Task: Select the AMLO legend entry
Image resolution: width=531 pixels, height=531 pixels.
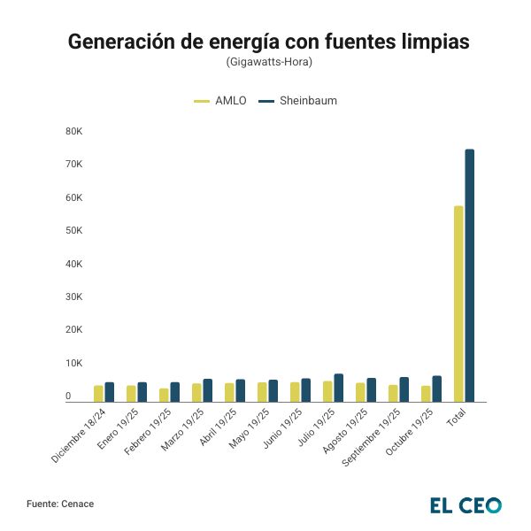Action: click(x=220, y=101)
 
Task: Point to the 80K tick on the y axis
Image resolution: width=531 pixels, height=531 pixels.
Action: click(x=73, y=132)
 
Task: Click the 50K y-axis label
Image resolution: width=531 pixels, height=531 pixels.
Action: click(x=73, y=231)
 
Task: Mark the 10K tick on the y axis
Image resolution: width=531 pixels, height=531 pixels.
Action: click(x=73, y=363)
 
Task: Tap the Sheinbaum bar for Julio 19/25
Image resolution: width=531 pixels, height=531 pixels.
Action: click(x=339, y=388)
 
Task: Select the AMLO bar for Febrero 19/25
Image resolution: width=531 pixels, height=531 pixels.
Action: click(x=164, y=395)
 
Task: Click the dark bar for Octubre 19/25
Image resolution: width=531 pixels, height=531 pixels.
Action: click(x=437, y=389)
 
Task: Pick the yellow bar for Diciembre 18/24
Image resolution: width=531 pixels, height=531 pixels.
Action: click(x=98, y=394)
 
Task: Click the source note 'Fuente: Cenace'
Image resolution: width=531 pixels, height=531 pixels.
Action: click(x=60, y=504)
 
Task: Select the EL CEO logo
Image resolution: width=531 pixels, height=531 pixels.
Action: click(x=466, y=505)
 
